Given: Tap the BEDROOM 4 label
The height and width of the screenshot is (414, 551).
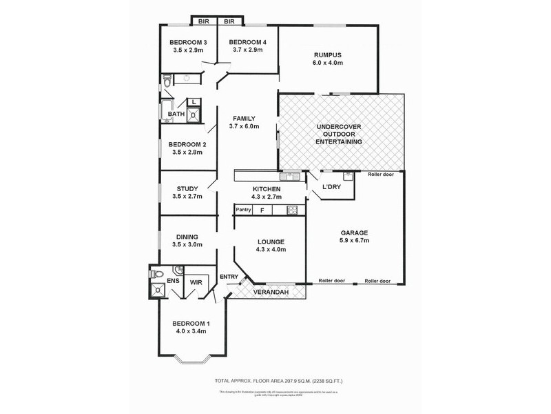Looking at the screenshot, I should pyautogui.click(x=247, y=41).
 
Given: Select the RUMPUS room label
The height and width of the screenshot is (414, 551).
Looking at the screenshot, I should pyautogui.click(x=327, y=55).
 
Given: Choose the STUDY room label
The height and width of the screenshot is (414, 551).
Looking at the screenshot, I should pyautogui.click(x=187, y=188).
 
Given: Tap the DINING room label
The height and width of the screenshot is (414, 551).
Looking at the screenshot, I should pyautogui.click(x=187, y=237).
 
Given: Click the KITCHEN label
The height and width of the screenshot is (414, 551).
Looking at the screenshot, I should pyautogui.click(x=266, y=188).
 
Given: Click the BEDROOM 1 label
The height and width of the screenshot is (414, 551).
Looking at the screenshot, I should pyautogui.click(x=191, y=324).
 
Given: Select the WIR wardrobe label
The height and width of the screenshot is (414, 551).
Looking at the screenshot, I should pyautogui.click(x=196, y=282).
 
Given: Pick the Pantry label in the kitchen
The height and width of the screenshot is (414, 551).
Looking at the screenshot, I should pyautogui.click(x=243, y=209).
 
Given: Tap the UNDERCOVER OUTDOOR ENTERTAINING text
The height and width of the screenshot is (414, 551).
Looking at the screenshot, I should pyautogui.click(x=339, y=135).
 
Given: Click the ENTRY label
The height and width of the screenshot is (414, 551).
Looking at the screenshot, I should pyautogui.click(x=229, y=277).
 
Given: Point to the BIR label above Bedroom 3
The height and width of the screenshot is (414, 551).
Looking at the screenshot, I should pyautogui.click(x=203, y=21).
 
